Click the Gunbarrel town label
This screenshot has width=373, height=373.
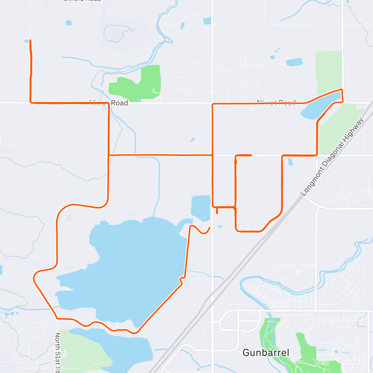tap(266, 352)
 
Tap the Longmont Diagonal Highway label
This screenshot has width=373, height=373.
tap(332, 157)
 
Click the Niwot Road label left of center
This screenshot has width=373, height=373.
tap(109, 103)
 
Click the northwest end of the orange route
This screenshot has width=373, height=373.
tap(30, 40)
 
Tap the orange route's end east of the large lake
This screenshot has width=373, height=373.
tap(210, 228)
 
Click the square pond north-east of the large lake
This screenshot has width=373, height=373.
tap(201, 208)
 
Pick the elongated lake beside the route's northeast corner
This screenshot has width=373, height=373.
tap(320, 107)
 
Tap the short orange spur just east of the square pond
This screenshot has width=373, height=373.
tap(217, 211)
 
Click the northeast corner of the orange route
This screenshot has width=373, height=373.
tap(342, 90)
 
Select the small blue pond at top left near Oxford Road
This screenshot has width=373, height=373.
tap(68, 23)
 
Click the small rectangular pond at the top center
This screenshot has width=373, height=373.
tap(207, 21)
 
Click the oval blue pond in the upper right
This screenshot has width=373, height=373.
tap(294, 62)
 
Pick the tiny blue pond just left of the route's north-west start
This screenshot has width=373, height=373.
tap(26, 41)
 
